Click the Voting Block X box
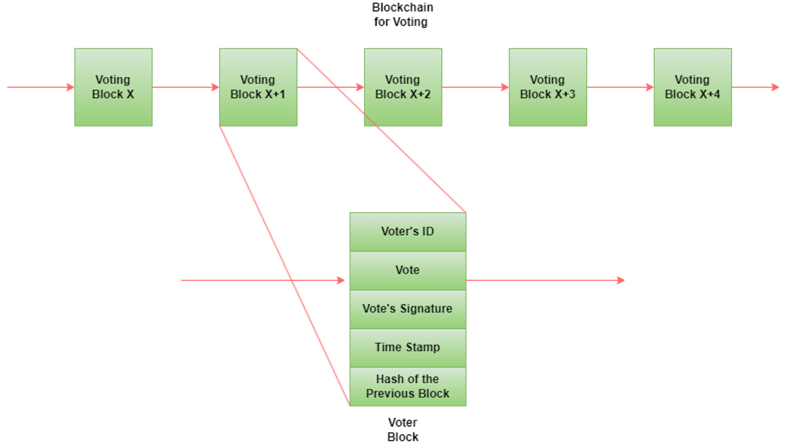(113, 87)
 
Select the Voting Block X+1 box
(258, 87)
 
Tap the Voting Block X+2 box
(403, 87)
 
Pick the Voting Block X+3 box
(548, 87)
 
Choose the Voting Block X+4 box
(693, 87)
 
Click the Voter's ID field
(408, 231)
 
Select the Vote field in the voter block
(408, 270)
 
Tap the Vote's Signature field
(408, 309)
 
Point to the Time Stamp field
(408, 347)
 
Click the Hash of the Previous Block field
(408, 386)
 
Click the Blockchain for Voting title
(402, 14)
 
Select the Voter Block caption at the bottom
(403, 429)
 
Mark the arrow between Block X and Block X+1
(186, 87)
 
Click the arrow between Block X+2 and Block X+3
(475, 87)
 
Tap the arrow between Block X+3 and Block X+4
(620, 87)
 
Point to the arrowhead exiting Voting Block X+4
(776, 87)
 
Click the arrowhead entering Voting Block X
(70, 87)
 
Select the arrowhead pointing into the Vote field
(341, 280)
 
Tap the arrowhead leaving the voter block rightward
(621, 280)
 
